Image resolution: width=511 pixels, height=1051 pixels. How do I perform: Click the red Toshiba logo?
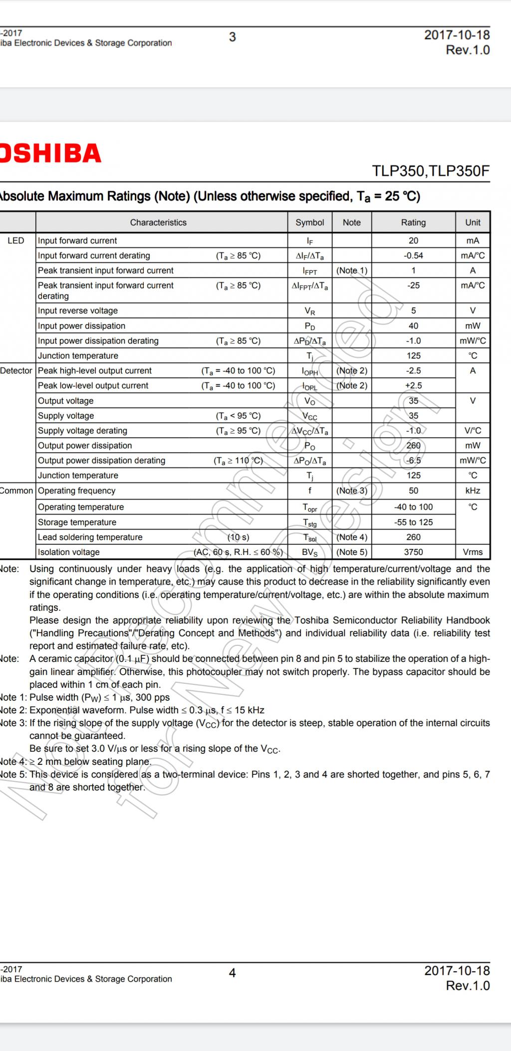tap(50, 153)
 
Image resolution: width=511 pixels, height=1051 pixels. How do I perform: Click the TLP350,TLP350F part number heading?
tap(431, 171)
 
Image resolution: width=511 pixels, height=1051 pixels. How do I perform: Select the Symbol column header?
tap(309, 222)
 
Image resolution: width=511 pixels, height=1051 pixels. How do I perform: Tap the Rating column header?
tap(413, 222)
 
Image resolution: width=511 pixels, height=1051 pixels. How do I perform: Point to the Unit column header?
tap(473, 222)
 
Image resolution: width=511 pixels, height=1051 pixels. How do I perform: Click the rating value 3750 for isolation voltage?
tap(413, 552)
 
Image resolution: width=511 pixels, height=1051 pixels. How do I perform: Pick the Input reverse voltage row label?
tap(78, 311)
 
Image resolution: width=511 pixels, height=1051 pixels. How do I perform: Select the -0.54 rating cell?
tap(413, 256)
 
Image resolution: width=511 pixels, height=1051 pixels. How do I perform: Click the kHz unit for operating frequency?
tap(473, 491)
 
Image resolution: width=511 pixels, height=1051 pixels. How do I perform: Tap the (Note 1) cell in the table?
tap(351, 270)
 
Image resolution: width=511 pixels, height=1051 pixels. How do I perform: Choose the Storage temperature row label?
tap(77, 522)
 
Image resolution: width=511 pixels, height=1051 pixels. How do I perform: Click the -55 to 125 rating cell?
tap(413, 522)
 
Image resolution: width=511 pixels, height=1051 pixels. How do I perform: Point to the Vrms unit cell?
tap(473, 552)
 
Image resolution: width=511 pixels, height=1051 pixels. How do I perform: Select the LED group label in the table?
tap(16, 241)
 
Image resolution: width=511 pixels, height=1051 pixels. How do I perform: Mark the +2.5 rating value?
tap(413, 386)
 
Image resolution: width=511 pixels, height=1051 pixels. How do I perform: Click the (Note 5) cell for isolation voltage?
tap(351, 552)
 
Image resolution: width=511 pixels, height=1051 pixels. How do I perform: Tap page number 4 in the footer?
tap(232, 973)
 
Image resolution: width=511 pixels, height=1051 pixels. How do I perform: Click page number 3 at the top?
tap(232, 37)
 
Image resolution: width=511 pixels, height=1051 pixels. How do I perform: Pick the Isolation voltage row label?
tap(69, 552)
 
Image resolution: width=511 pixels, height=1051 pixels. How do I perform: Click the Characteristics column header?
tap(158, 222)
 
